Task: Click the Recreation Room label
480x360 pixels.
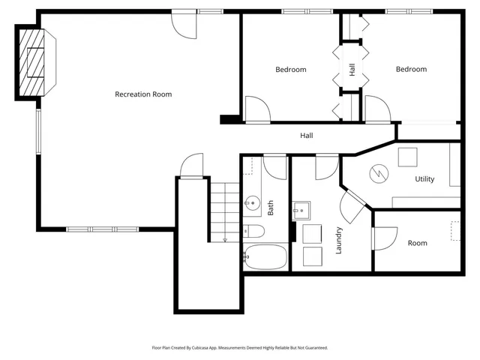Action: click(142, 94)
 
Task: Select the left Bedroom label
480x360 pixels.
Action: click(290, 70)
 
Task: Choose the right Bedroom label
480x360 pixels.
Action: click(411, 70)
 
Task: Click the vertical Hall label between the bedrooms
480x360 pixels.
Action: click(352, 69)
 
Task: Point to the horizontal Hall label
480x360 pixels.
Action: click(307, 136)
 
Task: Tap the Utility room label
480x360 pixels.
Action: click(424, 179)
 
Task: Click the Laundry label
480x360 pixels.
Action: click(339, 240)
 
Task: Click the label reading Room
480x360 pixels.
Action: click(417, 243)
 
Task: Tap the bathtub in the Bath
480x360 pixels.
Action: click(265, 257)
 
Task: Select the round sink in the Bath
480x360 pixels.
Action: click(253, 202)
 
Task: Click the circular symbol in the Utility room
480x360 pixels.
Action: click(379, 175)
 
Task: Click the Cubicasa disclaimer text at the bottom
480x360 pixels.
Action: click(239, 348)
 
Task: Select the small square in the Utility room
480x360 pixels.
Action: click(407, 156)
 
